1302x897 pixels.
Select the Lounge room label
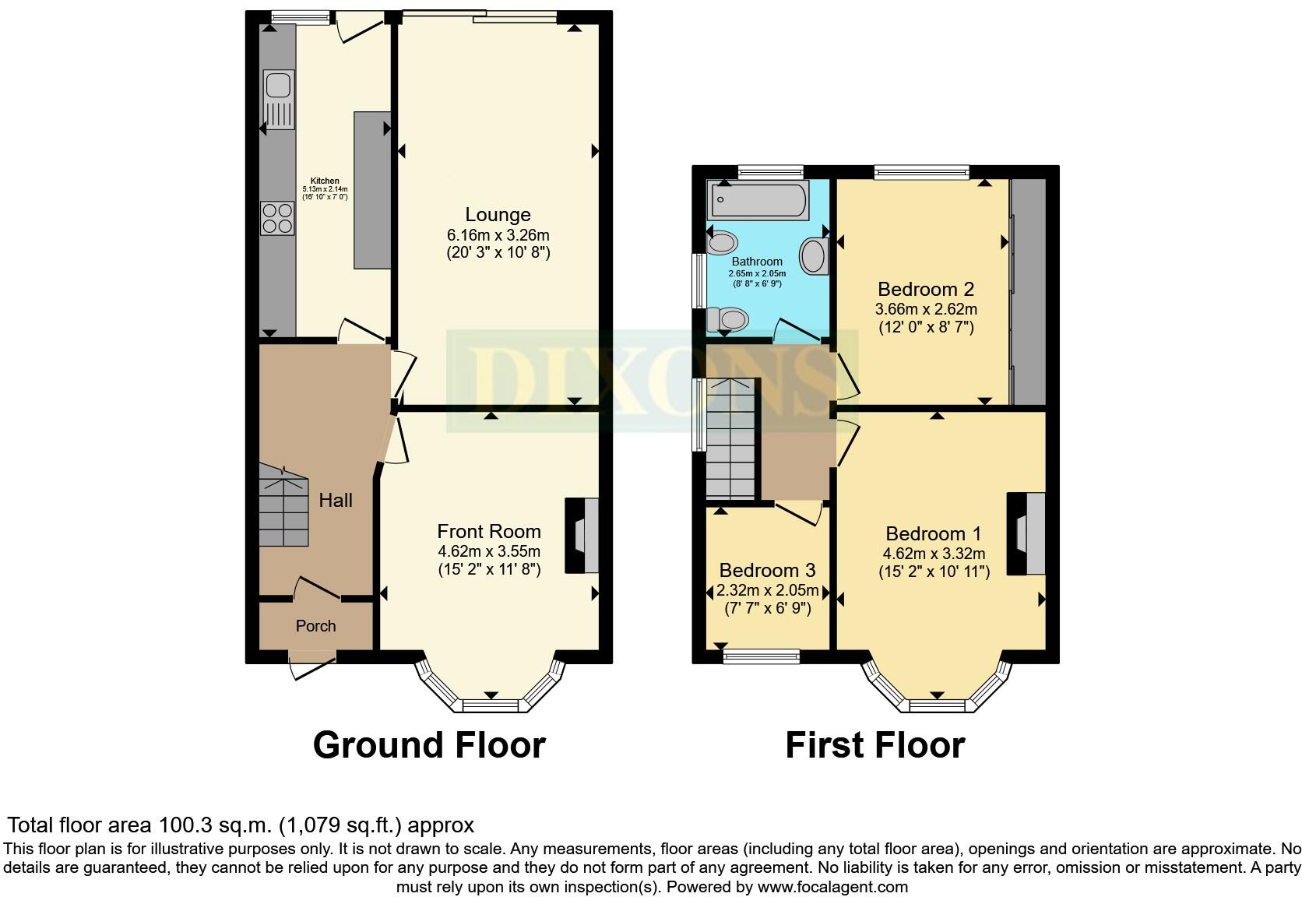point(498,215)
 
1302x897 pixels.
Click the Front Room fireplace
point(583,536)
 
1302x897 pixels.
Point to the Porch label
point(315,626)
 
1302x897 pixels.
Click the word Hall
point(336,501)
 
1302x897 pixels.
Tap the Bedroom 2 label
point(925,289)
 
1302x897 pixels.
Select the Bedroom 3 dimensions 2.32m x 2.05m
point(767,591)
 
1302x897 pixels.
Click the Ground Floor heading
point(428,745)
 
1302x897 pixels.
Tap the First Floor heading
point(874,745)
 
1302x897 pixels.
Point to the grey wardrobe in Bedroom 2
point(1029,292)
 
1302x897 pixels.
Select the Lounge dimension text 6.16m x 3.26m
point(498,235)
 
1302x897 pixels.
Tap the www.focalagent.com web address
point(832,886)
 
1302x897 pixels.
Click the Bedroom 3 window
point(761,656)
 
